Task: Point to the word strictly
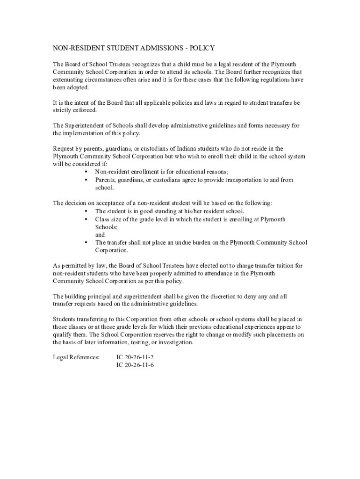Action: click(62, 110)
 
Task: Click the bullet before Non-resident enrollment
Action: click(86, 172)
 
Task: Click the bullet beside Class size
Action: click(86, 219)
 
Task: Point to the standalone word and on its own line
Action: click(100, 234)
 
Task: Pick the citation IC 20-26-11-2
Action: click(135, 357)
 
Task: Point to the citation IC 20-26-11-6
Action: click(135, 365)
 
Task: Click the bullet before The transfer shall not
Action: click(86, 242)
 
